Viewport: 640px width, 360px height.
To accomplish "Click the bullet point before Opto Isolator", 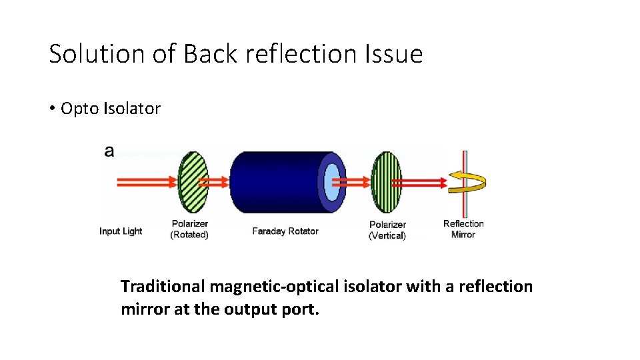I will [x=52, y=109].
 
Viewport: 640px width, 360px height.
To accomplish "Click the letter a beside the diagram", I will [x=109, y=151].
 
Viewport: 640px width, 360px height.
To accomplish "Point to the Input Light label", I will [x=121, y=231].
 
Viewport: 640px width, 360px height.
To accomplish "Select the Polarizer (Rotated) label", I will [x=190, y=229].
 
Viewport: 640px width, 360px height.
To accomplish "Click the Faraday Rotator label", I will [x=285, y=231].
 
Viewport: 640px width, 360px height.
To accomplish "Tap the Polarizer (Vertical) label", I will [x=387, y=230].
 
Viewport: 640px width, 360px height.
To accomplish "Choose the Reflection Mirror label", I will [x=463, y=229].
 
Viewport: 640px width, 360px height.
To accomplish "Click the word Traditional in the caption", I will [x=163, y=287].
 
